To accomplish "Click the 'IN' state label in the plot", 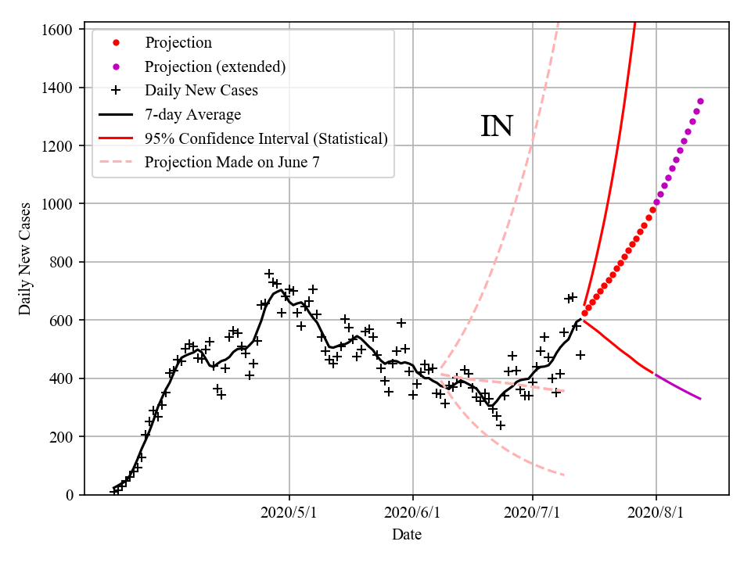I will click(x=496, y=127).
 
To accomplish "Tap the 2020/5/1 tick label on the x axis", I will click(x=289, y=513).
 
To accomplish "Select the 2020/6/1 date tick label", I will click(x=413, y=513).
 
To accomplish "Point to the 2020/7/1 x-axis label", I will click(x=533, y=513).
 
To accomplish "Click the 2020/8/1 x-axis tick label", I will click(x=656, y=513).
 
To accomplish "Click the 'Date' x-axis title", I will click(x=407, y=535).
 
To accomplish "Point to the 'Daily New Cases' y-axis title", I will click(x=25, y=258).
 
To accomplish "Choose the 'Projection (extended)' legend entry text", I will click(x=215, y=66).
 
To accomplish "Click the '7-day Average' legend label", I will click(x=192, y=115).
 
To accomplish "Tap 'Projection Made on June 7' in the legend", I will click(x=232, y=163).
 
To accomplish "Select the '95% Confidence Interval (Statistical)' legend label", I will click(x=266, y=139).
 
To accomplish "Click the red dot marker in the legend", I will click(x=116, y=42).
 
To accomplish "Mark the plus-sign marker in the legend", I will click(x=116, y=91).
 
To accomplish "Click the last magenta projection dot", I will click(x=700, y=101).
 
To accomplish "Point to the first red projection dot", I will click(x=584, y=314).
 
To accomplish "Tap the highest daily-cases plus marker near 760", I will click(x=269, y=274).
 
